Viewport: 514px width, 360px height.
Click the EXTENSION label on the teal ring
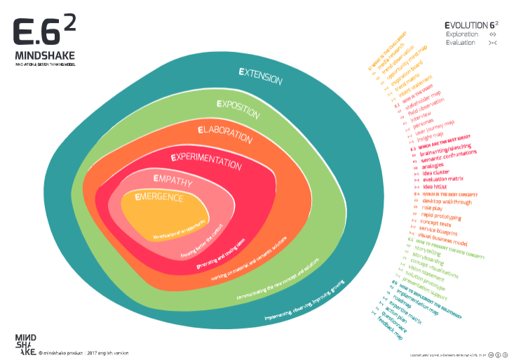(x=260, y=76)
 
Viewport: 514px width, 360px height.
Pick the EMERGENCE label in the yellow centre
(x=159, y=198)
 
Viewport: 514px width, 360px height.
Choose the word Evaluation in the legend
(x=461, y=42)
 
